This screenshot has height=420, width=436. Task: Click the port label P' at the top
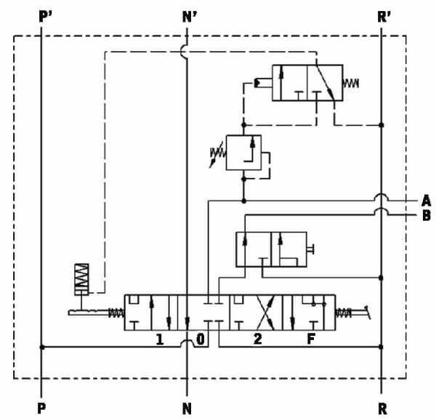pos(45,17)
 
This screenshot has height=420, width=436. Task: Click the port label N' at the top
pos(190,17)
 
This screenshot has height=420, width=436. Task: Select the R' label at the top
pos(384,17)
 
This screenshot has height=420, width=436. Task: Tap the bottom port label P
pos(41,408)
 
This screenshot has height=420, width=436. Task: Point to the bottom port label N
pos(187,408)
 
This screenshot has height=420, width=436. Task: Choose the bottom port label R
pos(383,408)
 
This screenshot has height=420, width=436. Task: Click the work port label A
pos(427,201)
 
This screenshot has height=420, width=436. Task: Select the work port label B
pos(427,215)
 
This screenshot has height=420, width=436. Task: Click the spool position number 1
pos(160,339)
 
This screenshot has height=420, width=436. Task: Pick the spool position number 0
pos(201,339)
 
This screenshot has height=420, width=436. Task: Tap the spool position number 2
pos(258,339)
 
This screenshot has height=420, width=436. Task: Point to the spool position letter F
pos(311,339)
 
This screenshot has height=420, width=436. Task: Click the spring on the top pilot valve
pos(351,83)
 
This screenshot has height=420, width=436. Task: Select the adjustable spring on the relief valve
pos(218,155)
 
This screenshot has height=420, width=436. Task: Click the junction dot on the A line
pos(244,201)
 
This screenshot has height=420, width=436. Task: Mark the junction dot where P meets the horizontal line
pos(42,347)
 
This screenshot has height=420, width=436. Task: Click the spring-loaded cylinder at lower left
pos(81,279)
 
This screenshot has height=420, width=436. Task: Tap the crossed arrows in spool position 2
pos(265,312)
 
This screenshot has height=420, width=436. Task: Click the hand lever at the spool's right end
pos(360,312)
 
